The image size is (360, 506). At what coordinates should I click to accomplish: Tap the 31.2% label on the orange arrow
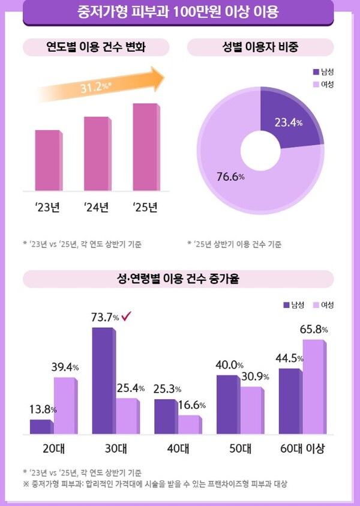tap(95, 88)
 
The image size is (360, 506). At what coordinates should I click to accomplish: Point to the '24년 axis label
tap(97, 208)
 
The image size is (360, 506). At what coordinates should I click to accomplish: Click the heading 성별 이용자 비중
tap(260, 47)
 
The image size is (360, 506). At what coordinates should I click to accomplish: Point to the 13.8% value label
tap(43, 409)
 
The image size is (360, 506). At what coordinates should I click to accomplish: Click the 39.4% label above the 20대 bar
tap(66, 367)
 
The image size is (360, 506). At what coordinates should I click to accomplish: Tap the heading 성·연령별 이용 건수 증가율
tap(178, 279)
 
